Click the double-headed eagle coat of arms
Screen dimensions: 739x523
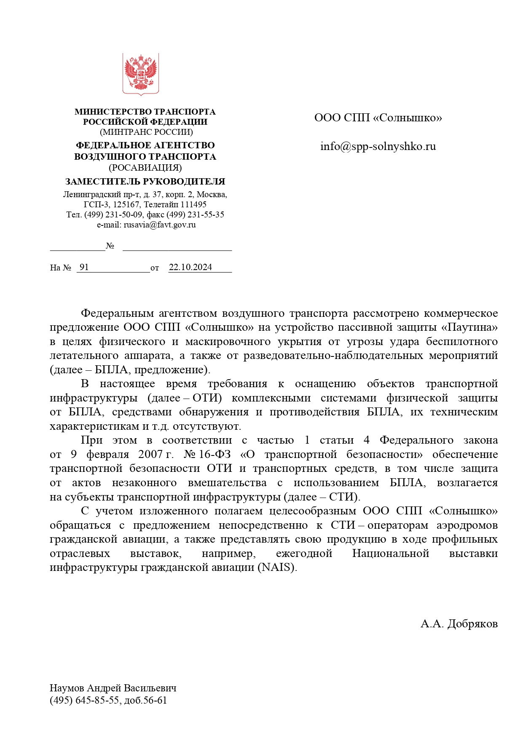tap(141, 73)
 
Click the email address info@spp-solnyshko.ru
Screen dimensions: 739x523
tap(378, 146)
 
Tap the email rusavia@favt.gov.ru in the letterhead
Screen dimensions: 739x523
tap(160, 225)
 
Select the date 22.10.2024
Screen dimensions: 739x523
tap(190, 267)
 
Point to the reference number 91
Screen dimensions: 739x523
tap(84, 267)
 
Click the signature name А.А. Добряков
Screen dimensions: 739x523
tap(459, 624)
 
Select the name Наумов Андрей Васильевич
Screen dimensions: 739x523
tap(113, 688)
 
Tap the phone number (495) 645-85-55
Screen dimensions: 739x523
tap(84, 700)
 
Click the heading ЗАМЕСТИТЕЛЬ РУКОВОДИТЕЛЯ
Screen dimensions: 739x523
tap(145, 182)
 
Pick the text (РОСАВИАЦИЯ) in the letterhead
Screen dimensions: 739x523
tap(145, 168)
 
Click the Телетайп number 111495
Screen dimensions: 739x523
tap(193, 204)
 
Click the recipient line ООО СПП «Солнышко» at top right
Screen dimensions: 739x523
tap(378, 118)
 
